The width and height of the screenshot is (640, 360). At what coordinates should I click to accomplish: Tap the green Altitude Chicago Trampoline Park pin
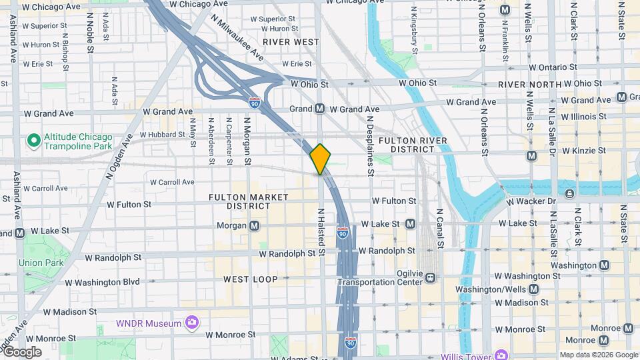click(32, 141)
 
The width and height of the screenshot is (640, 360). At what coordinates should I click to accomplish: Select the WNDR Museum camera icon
click(192, 323)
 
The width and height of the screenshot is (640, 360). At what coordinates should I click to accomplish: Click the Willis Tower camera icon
click(501, 353)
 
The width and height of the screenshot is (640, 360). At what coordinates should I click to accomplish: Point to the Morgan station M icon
click(255, 226)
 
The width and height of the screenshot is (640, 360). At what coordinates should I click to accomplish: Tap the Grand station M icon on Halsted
click(319, 109)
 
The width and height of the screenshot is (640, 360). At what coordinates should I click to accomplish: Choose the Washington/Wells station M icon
click(533, 289)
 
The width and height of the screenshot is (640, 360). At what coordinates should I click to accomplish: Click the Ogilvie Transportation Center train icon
click(431, 277)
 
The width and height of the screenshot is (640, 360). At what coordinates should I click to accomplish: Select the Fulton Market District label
click(249, 201)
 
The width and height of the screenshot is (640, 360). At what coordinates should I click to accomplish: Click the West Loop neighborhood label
click(250, 279)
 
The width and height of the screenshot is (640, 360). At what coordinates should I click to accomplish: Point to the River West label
click(291, 41)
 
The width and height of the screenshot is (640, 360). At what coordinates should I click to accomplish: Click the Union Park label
click(41, 263)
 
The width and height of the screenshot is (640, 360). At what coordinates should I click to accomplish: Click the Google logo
click(23, 352)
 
